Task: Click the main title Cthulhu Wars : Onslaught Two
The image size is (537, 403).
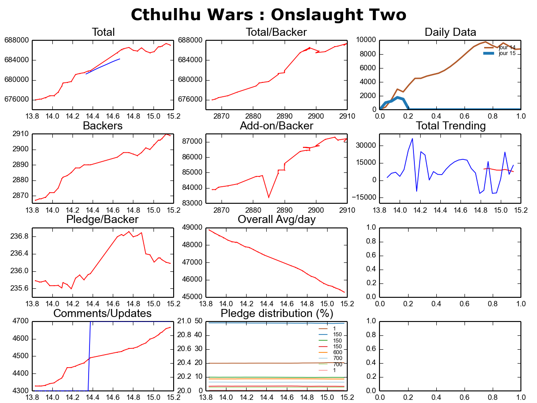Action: coord(268,14)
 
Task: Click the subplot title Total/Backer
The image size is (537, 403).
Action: coord(276,32)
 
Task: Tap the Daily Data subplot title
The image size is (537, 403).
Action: coord(450,32)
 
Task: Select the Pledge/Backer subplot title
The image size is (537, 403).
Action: coord(102,219)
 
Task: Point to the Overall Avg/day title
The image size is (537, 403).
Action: coord(277,219)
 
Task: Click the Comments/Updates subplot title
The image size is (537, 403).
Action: coord(102,313)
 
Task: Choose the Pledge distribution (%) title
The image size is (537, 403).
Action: coord(276,313)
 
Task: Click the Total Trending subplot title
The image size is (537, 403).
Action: coord(451,126)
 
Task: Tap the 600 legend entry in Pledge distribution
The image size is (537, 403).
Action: coord(337,352)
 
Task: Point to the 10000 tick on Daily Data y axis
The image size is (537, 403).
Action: coord(367,40)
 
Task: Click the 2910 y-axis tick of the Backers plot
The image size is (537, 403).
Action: coord(21,134)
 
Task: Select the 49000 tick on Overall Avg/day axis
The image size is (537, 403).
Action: coord(192,227)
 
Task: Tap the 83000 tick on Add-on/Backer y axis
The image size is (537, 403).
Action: coord(192,203)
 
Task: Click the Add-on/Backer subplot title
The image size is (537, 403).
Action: coord(276,126)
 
